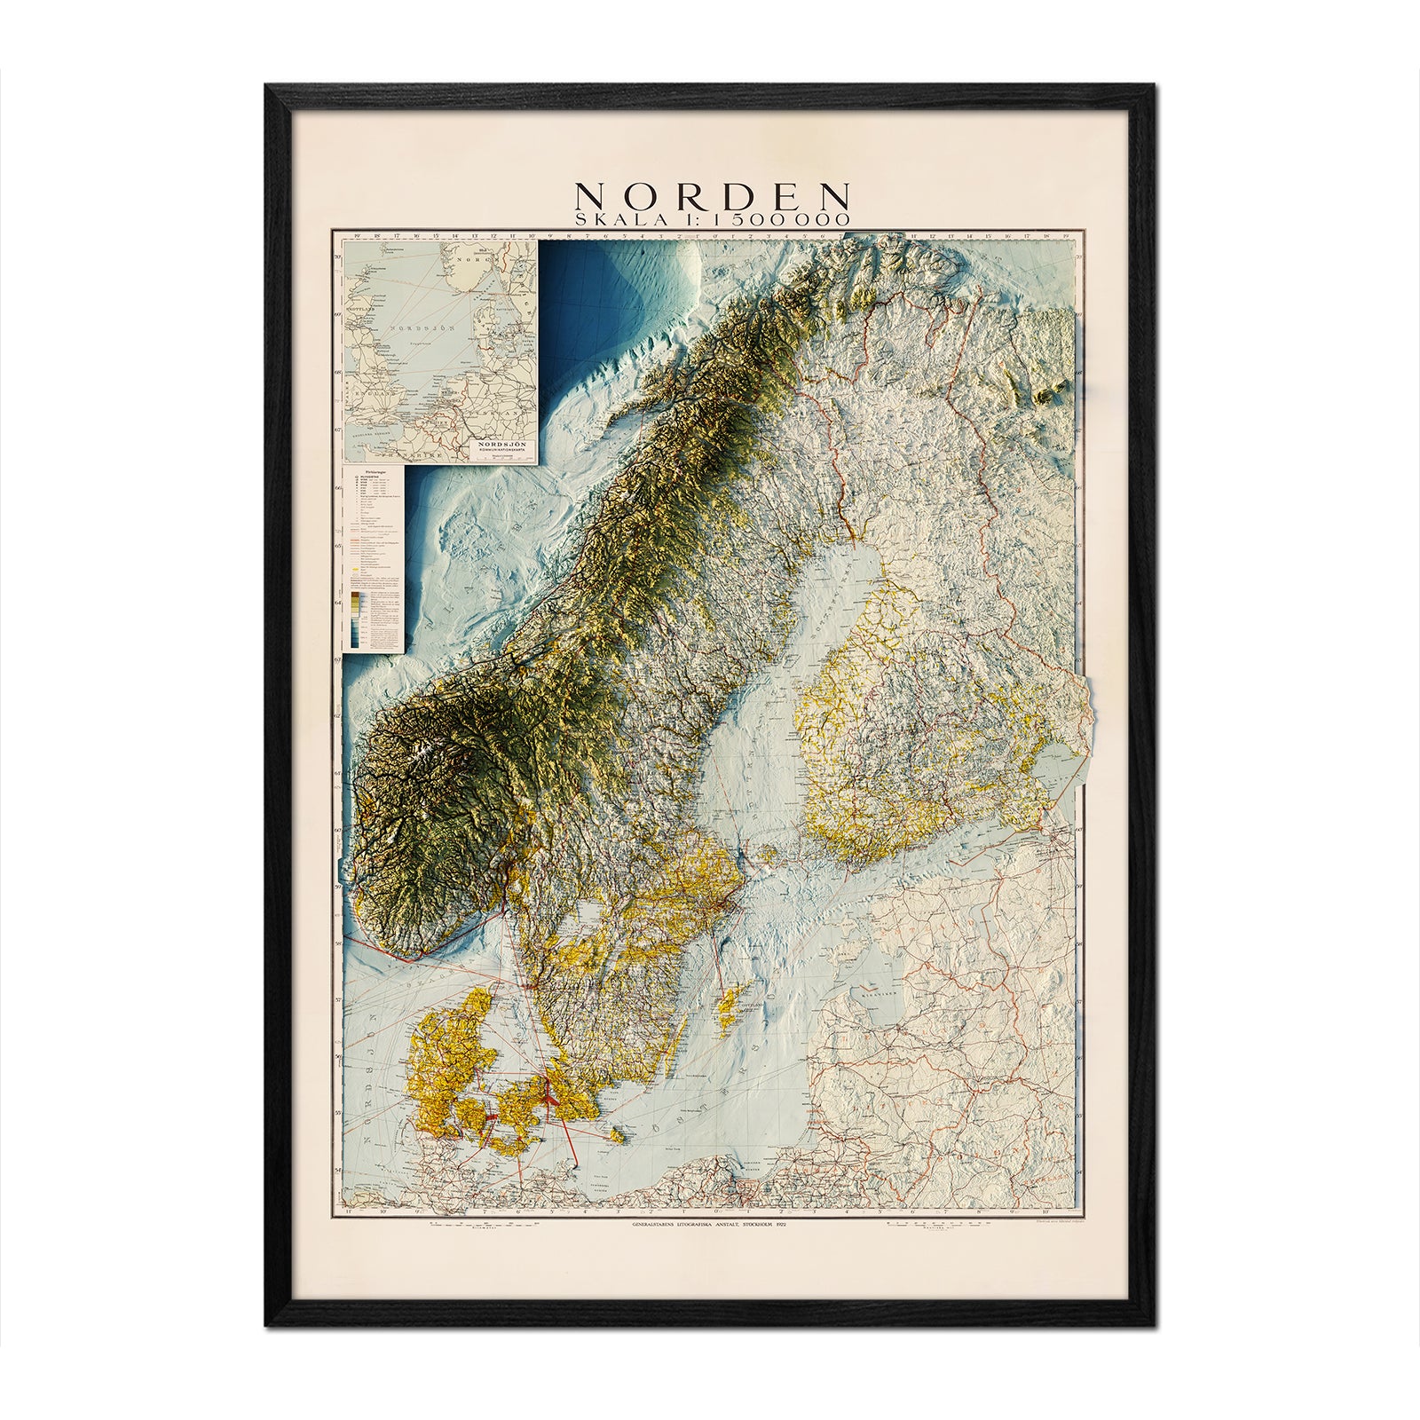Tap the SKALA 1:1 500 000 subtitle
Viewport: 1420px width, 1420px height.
click(x=714, y=219)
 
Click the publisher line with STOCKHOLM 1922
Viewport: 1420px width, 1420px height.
click(x=710, y=1225)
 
